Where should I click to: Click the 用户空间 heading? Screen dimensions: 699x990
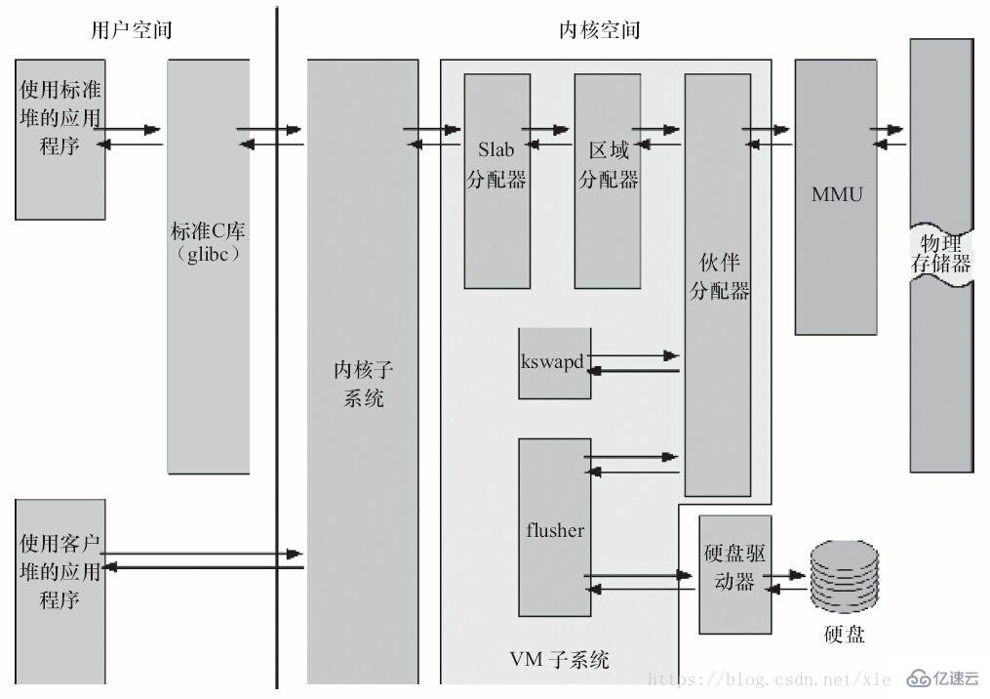tap(131, 30)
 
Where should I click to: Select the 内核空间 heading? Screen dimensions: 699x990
tap(599, 30)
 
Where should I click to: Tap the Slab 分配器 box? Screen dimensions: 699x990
tap(496, 181)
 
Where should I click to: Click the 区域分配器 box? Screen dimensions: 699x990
tap(608, 181)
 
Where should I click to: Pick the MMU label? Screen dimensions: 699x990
tap(837, 194)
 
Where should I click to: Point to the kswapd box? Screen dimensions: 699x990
tap(554, 362)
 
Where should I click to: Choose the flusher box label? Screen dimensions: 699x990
tap(554, 531)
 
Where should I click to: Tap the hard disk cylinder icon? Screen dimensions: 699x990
tap(844, 576)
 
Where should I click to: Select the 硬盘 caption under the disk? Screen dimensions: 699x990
tap(844, 636)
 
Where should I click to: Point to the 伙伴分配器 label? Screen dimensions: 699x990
tap(719, 277)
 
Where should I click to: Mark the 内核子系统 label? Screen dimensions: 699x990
tap(363, 384)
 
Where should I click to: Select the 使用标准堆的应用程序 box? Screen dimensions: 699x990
tap(60, 138)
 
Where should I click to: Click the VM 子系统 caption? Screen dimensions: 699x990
tap(560, 661)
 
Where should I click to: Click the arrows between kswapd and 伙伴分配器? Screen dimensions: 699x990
tap(634, 363)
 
